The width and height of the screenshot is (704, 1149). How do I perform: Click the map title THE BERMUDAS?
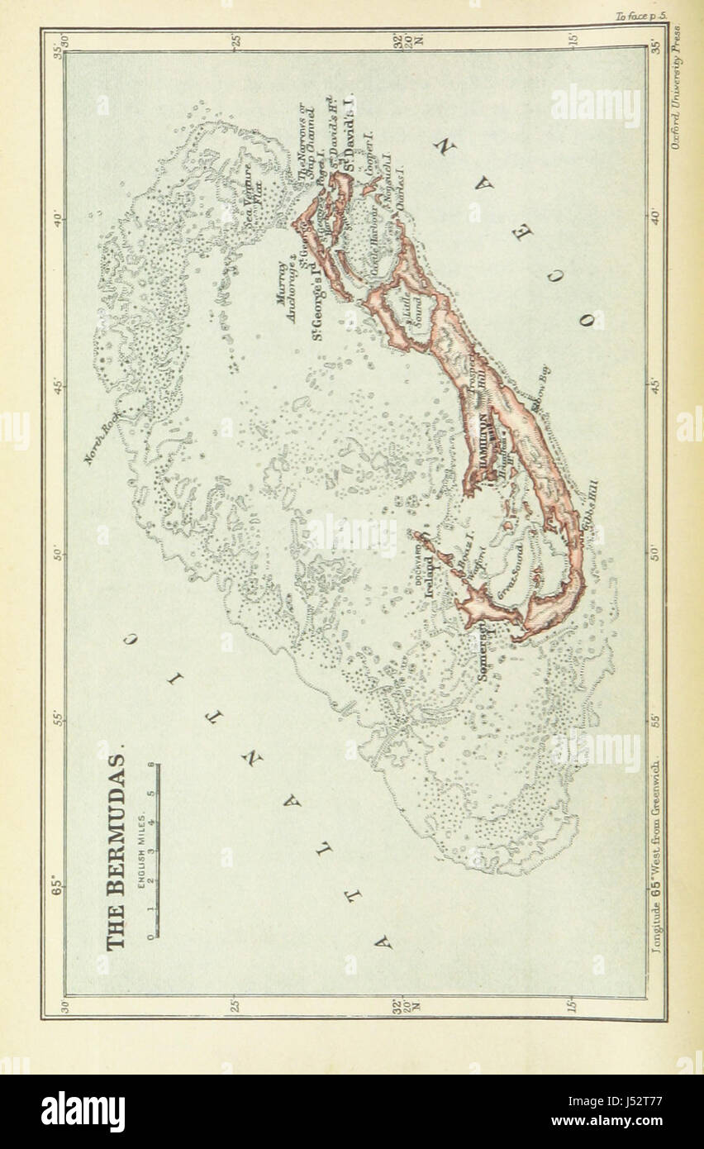(116, 851)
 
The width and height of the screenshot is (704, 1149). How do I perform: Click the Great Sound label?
(510, 571)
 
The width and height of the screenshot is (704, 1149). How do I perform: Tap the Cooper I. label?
(369, 145)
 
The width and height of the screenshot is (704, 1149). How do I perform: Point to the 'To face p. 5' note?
(640, 16)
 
